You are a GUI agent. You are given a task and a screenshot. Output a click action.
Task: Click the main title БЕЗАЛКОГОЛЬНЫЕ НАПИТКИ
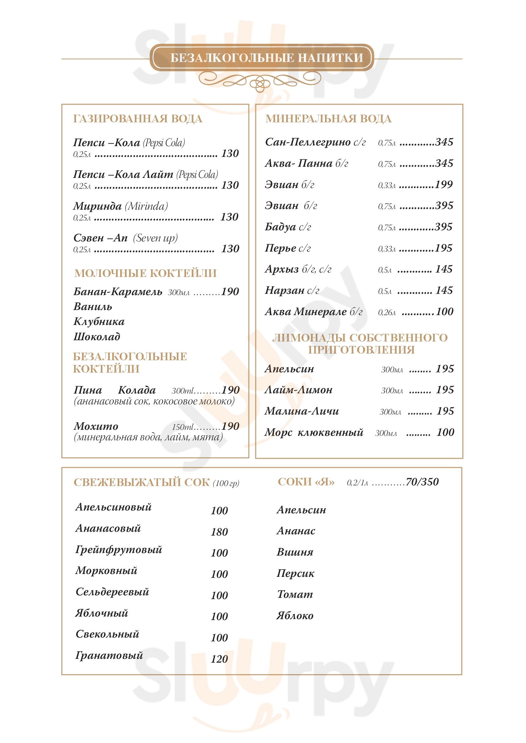266,58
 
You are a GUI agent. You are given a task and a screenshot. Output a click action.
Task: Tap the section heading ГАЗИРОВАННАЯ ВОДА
138,119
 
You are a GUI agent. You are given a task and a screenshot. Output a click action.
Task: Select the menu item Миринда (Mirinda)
120,206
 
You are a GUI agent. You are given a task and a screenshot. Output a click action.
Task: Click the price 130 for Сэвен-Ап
230,248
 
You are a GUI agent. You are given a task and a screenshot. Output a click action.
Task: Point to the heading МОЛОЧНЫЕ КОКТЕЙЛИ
145,273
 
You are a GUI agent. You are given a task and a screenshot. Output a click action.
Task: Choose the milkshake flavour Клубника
99,321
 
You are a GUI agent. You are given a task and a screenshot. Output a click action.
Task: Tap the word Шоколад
97,336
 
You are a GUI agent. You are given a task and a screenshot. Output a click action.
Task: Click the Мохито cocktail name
95,426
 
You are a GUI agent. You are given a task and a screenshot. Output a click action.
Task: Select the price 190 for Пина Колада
230,390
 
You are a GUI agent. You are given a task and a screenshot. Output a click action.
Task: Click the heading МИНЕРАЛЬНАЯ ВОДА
329,119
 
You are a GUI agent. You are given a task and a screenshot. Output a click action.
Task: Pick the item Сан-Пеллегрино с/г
315,142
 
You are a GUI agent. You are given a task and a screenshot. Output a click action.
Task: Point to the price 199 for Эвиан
444,185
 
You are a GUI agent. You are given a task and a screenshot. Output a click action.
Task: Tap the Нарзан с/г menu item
292,290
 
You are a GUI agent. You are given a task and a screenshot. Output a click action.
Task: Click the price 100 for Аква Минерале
445,312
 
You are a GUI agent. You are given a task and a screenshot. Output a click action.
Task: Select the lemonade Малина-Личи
301,411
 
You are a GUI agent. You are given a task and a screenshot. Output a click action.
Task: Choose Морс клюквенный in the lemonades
314,432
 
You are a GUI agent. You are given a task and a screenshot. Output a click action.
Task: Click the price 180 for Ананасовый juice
219,532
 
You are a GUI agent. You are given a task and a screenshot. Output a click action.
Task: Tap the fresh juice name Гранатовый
109,655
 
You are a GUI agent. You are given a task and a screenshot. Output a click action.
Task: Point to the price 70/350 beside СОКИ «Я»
422,482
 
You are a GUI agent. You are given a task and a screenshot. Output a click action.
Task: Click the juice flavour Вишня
295,552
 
